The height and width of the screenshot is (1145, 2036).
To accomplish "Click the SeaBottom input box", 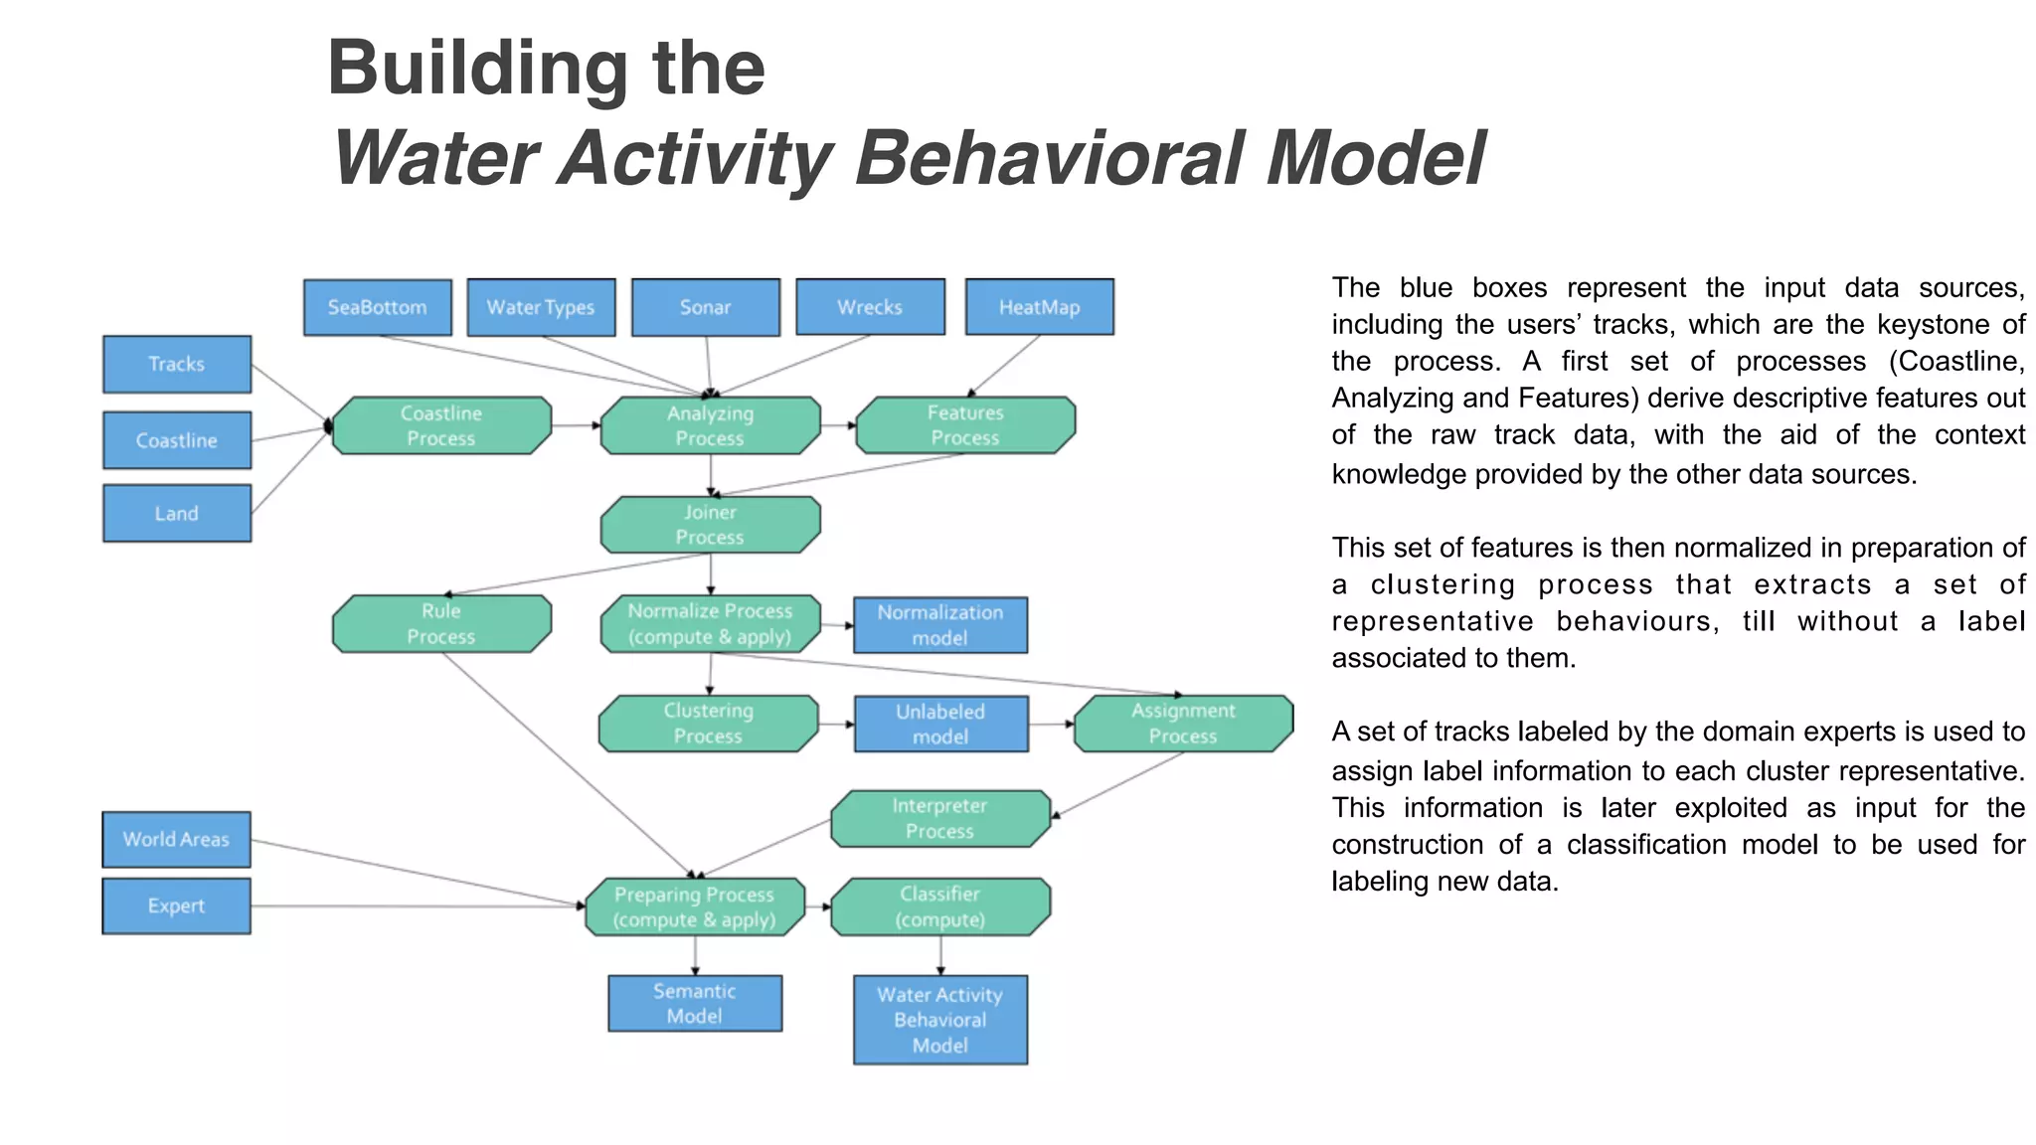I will tap(377, 307).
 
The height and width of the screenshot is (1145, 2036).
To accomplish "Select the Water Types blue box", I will tap(541, 307).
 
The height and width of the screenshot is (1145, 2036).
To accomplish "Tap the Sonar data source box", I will tap(705, 307).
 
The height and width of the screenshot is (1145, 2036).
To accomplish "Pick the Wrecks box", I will tap(870, 307).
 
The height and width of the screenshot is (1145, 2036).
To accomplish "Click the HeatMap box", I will tap(1039, 307).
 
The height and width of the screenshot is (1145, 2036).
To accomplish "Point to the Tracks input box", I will tap(177, 364).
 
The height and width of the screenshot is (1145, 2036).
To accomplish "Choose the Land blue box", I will tap(177, 513).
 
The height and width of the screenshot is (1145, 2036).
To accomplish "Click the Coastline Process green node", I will tap(441, 425).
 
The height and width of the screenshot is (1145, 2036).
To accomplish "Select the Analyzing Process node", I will tap(710, 425).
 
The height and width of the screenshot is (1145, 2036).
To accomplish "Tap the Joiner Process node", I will tap(710, 524).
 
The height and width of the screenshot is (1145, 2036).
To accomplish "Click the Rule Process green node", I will tap(441, 623).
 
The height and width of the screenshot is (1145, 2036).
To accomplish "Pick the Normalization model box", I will tap(939, 624).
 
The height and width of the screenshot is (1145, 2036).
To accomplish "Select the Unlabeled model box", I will tap(940, 724).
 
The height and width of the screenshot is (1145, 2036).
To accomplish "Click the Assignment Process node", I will tap(1183, 723).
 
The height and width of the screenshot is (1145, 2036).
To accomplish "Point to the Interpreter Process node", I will tap(939, 818).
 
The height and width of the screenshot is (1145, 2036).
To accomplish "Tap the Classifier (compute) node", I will tap(939, 906).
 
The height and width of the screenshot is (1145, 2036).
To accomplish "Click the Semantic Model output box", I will tap(695, 1003).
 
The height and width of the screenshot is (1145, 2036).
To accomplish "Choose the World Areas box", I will tap(177, 839).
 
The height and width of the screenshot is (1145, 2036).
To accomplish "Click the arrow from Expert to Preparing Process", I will tap(418, 905).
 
